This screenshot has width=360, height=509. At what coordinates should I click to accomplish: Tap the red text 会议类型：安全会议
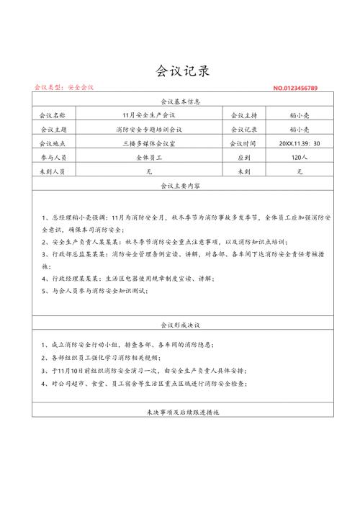[x=64, y=87]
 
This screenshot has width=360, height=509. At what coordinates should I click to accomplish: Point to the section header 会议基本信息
[x=181, y=102]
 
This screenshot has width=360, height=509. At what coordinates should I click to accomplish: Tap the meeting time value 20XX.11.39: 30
[x=300, y=143]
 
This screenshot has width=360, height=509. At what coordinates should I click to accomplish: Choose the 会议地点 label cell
[x=53, y=143]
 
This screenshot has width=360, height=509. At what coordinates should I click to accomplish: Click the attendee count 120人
[x=300, y=158]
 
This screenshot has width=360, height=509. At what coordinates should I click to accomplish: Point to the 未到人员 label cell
[x=53, y=172]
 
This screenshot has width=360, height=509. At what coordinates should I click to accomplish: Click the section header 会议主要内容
[x=181, y=186]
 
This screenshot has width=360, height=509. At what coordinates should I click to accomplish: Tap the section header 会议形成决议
[x=181, y=325]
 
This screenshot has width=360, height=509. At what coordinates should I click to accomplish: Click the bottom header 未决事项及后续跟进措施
[x=181, y=413]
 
